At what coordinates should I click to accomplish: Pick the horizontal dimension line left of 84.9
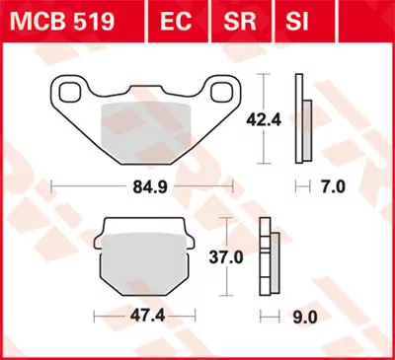click(89, 183)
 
